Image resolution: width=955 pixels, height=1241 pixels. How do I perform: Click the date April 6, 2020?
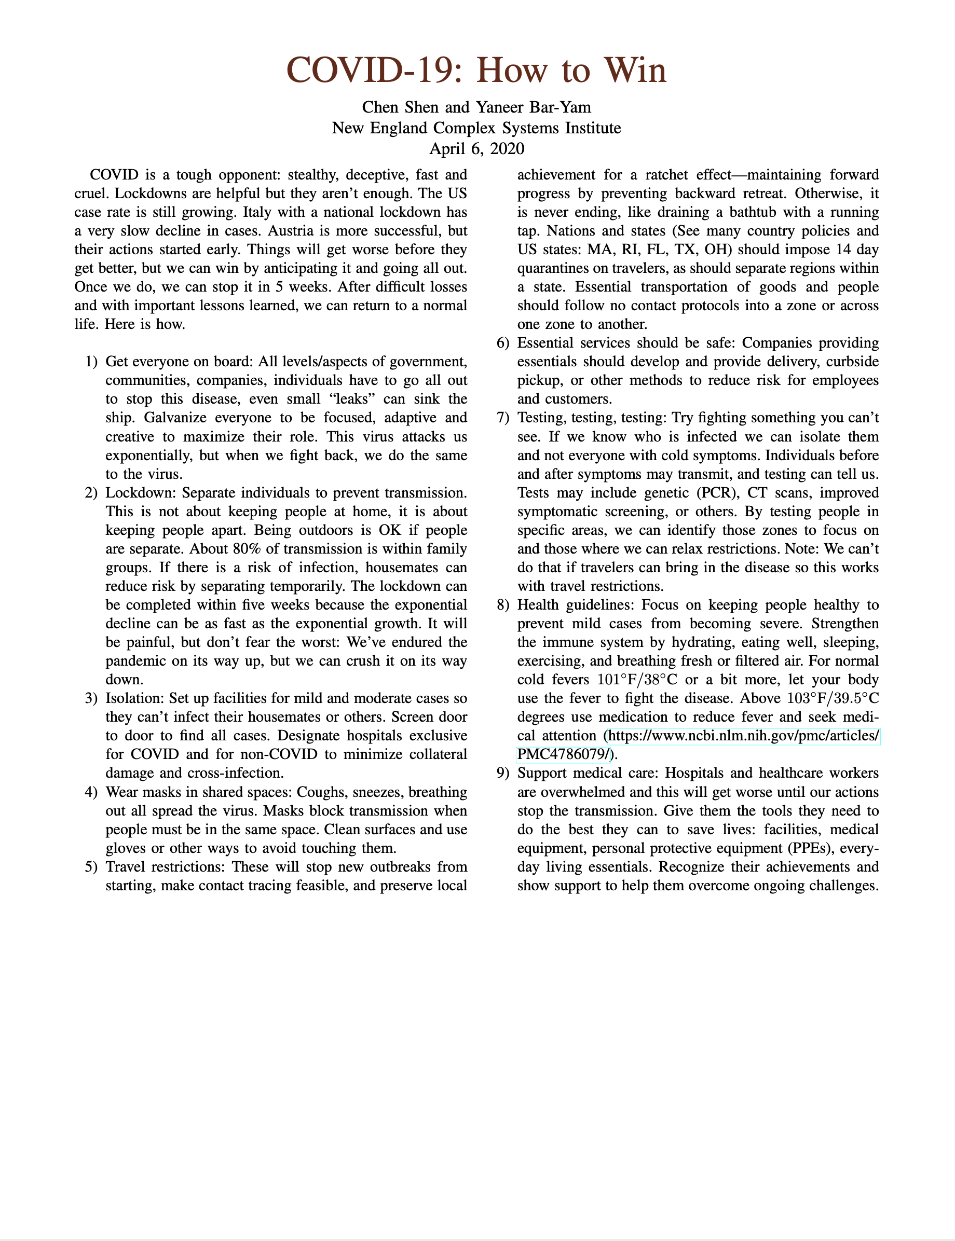pos(476,149)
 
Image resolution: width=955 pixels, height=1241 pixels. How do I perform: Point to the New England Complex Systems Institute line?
pos(476,128)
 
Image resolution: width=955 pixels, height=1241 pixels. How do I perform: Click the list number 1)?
pos(91,362)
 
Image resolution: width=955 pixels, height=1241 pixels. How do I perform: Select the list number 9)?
pos(503,774)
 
